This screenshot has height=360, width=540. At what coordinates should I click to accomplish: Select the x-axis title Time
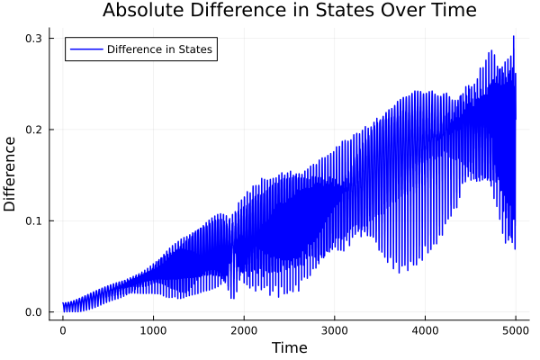pyautogui.click(x=289, y=347)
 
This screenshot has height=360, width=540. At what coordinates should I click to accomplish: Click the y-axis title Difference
pyautogui.click(x=11, y=174)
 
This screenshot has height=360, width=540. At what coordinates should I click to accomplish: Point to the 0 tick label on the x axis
pyautogui.click(x=63, y=330)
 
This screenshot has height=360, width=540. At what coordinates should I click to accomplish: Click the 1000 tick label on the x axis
pyautogui.click(x=153, y=330)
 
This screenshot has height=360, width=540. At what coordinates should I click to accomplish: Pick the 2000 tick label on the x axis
pyautogui.click(x=244, y=330)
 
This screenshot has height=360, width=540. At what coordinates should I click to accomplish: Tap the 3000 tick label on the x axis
pyautogui.click(x=335, y=330)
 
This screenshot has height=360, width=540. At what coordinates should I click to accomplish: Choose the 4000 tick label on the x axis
pyautogui.click(x=425, y=330)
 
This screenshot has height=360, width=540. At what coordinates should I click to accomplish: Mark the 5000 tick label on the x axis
pyautogui.click(x=515, y=330)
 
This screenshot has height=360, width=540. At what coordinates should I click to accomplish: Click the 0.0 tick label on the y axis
pyautogui.click(x=33, y=312)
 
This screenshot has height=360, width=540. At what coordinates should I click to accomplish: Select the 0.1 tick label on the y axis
pyautogui.click(x=33, y=220)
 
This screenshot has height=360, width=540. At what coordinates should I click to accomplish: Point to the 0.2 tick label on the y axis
pyautogui.click(x=33, y=130)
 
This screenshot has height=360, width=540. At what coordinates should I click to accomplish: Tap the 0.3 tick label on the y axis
pyautogui.click(x=33, y=39)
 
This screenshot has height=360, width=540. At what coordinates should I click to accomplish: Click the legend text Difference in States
pyautogui.click(x=159, y=49)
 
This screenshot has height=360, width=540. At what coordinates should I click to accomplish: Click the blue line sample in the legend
pyautogui.click(x=85, y=49)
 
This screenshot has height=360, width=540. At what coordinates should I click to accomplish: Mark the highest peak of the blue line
pyautogui.click(x=514, y=37)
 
